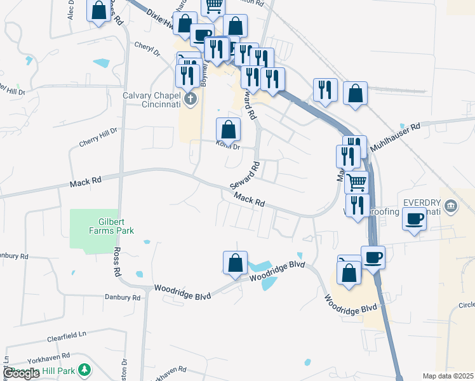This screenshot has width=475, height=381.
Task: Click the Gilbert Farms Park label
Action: (116, 226)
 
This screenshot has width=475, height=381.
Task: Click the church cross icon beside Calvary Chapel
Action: (190, 98)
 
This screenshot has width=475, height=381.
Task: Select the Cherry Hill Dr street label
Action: (98, 137)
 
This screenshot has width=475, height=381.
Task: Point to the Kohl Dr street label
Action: (228, 147)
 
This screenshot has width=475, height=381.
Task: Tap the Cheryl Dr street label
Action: (147, 49)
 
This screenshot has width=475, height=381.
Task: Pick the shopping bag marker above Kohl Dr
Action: (228, 130)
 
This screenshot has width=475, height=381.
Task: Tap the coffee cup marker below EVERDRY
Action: (414, 220)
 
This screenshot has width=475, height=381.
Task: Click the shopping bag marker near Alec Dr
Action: (98, 11)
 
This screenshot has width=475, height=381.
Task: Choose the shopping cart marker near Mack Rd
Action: (356, 182)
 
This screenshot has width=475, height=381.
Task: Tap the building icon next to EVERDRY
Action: (451, 205)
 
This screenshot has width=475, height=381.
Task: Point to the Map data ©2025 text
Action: (448, 376)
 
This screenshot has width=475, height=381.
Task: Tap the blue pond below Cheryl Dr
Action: (101, 63)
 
